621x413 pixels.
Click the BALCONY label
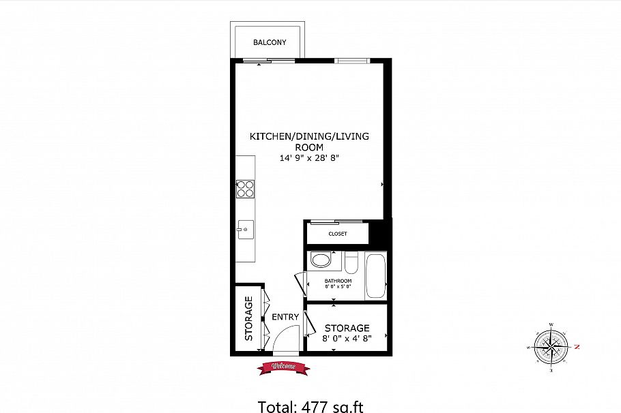[270, 42]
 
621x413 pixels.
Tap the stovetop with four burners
[245, 188]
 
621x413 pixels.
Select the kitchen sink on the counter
[245, 228]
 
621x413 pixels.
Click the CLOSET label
[338, 234]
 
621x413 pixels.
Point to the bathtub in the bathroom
[376, 275]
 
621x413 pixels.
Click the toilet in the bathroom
[351, 262]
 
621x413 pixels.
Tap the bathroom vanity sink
[319, 260]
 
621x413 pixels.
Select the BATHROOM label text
[338, 281]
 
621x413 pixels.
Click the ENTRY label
[285, 317]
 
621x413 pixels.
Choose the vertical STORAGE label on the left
[249, 318]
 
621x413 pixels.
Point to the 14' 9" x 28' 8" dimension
[308, 158]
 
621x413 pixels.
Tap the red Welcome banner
[283, 367]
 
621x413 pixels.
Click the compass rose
[550, 346]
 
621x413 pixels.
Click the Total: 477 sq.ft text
[310, 407]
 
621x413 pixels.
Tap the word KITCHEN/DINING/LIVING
[308, 136]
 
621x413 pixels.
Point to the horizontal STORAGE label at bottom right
[347, 328]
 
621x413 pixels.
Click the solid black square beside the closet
[380, 232]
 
